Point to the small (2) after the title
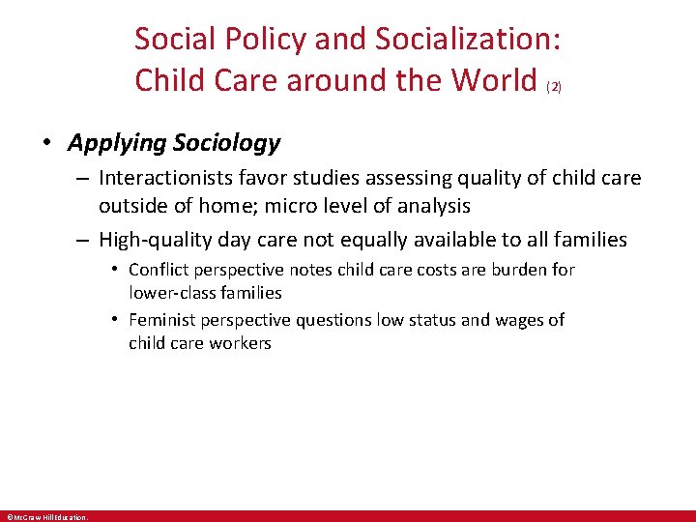click(554, 87)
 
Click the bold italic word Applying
click(116, 144)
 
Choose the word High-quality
click(149, 240)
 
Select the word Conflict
click(158, 270)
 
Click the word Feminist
click(160, 320)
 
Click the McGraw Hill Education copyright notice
click(46, 517)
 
